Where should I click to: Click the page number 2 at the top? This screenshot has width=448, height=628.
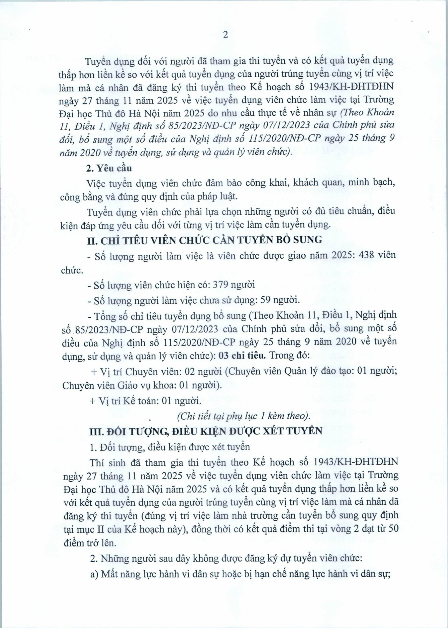(x=225, y=35)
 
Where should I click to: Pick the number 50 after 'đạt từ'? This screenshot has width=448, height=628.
(x=393, y=529)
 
